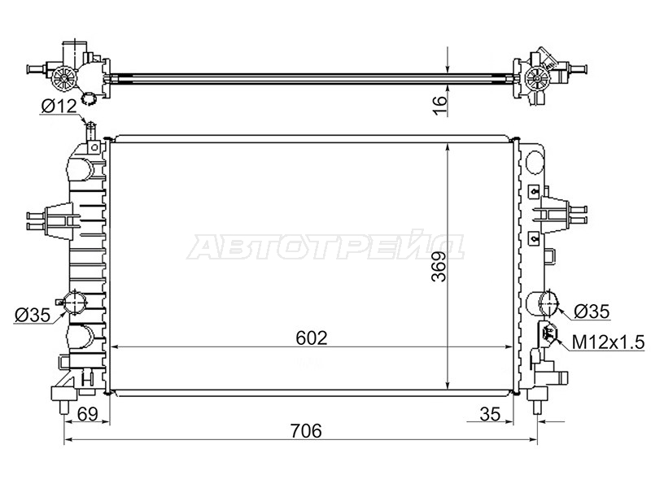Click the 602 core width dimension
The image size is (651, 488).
coord(312,338)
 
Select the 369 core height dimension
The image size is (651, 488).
coord(439,267)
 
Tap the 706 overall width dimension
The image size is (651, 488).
coord(306,431)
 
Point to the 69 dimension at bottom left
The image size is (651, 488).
coord(88,414)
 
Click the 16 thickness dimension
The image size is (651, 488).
coord(439,105)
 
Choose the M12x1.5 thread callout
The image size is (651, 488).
coord(608,342)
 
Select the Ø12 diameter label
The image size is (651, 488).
coord(59,107)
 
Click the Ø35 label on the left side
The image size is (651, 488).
coord(32,316)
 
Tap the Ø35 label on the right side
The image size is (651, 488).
coord(592,312)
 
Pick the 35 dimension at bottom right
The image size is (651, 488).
coord(491,414)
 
